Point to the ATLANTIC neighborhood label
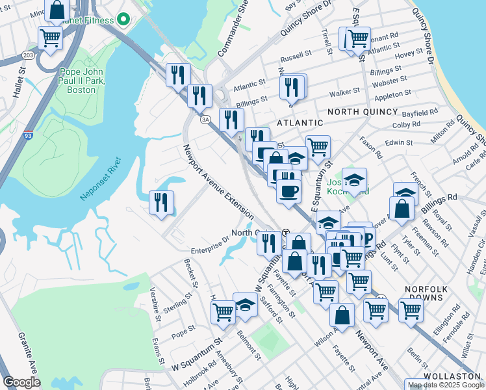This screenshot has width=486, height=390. (300, 122)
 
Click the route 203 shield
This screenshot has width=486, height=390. (28, 57)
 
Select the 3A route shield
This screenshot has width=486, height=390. (205, 120)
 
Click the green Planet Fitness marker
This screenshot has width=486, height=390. (122, 19)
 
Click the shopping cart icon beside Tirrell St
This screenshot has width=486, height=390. (357, 38)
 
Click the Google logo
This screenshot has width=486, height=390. (22, 382)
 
